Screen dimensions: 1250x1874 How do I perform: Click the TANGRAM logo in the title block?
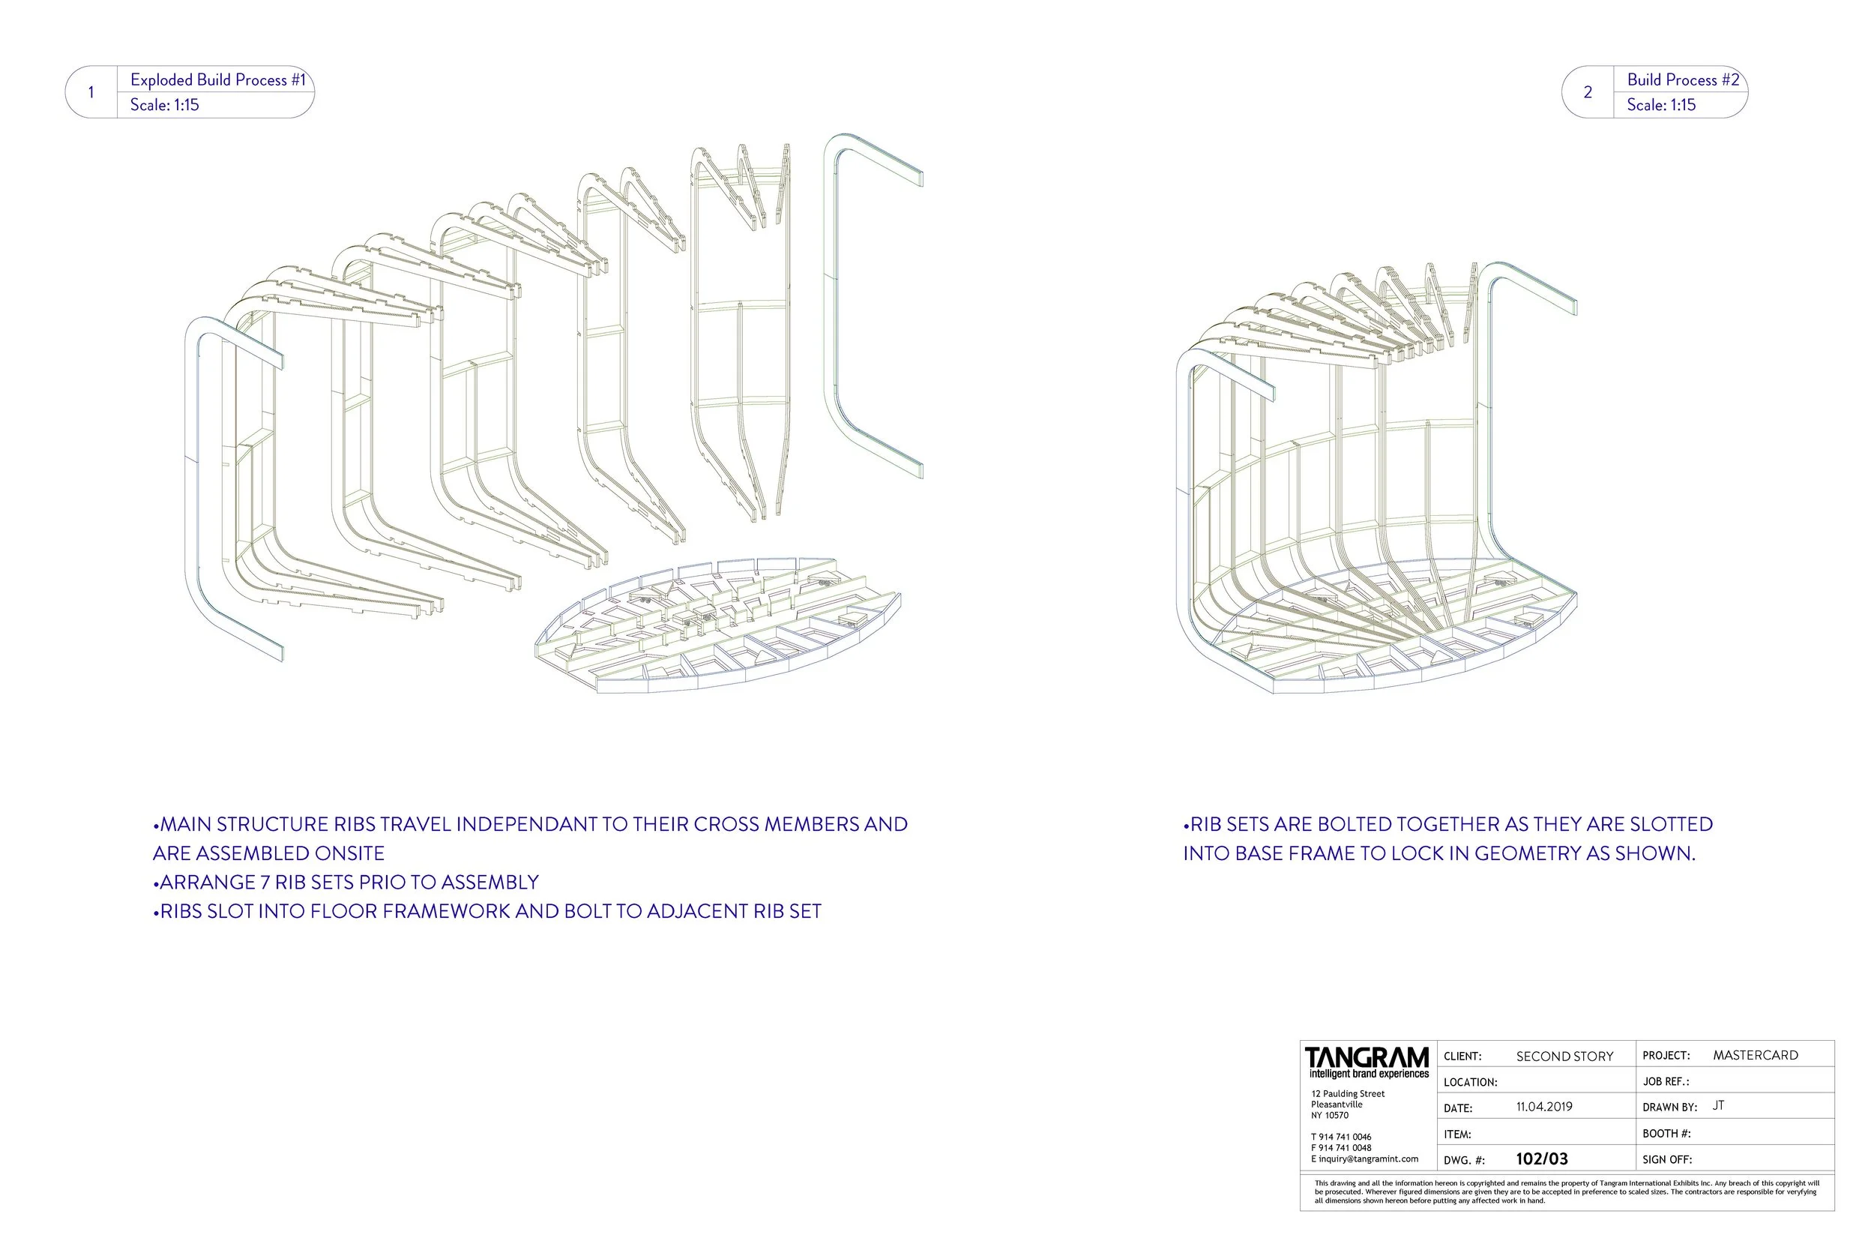pyautogui.click(x=1367, y=1060)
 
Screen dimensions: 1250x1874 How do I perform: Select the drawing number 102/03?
pyautogui.click(x=1541, y=1159)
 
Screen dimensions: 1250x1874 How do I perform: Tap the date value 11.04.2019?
pyautogui.click(x=1543, y=1107)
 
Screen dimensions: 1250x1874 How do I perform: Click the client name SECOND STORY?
pyautogui.click(x=1564, y=1057)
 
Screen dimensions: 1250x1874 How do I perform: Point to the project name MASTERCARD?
pyautogui.click(x=1756, y=1055)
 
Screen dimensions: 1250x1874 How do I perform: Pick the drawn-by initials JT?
pyautogui.click(x=1719, y=1106)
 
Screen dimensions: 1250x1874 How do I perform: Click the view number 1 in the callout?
pyautogui.click(x=91, y=92)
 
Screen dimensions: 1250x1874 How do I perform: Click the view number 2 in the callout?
pyautogui.click(x=1587, y=92)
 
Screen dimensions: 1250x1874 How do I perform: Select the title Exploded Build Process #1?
pyautogui.click(x=217, y=79)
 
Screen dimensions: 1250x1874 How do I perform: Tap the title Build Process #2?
pyautogui.click(x=1683, y=79)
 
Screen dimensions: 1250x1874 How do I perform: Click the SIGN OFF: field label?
pyautogui.click(x=1667, y=1160)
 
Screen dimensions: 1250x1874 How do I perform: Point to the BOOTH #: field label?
pyautogui.click(x=1666, y=1134)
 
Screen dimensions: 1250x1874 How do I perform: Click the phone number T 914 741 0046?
pyautogui.click(x=1341, y=1137)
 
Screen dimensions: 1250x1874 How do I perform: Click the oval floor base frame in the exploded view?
pyautogui.click(x=717, y=626)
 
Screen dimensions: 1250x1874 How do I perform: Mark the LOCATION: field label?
pyautogui.click(x=1470, y=1083)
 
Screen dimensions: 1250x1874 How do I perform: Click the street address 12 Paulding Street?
pyautogui.click(x=1347, y=1094)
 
